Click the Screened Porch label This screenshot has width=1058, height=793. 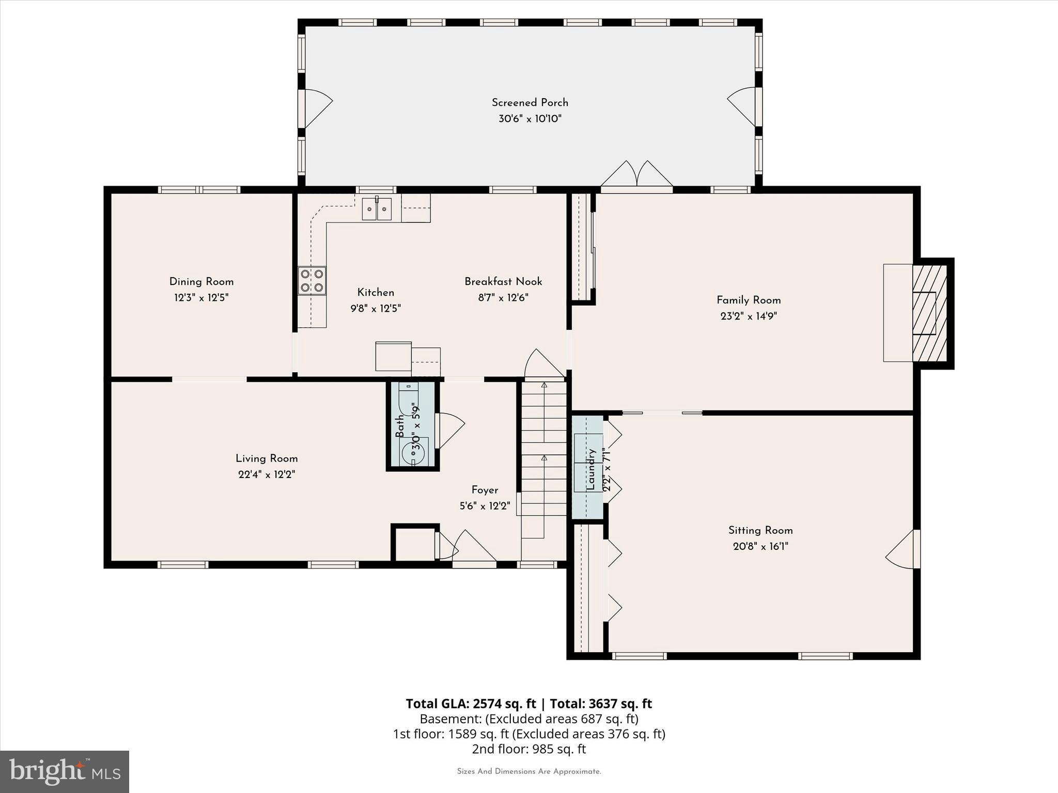(x=530, y=102)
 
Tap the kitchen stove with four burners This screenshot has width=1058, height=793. (x=312, y=280)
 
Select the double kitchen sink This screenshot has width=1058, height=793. (x=376, y=209)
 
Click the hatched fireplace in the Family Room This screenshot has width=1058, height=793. (x=929, y=313)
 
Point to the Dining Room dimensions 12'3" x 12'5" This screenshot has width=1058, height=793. (x=201, y=298)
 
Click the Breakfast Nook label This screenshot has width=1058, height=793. (x=503, y=281)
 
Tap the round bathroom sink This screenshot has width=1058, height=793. (x=414, y=451)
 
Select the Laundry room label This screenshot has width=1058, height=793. (x=591, y=469)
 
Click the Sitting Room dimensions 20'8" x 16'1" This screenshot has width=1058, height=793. (x=760, y=546)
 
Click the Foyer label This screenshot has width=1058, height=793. (x=485, y=490)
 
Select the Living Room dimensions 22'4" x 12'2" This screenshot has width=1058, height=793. (x=267, y=474)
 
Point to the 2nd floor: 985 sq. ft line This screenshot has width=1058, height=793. (x=528, y=749)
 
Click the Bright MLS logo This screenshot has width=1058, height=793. (x=65, y=771)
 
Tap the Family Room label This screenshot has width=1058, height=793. (x=748, y=300)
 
